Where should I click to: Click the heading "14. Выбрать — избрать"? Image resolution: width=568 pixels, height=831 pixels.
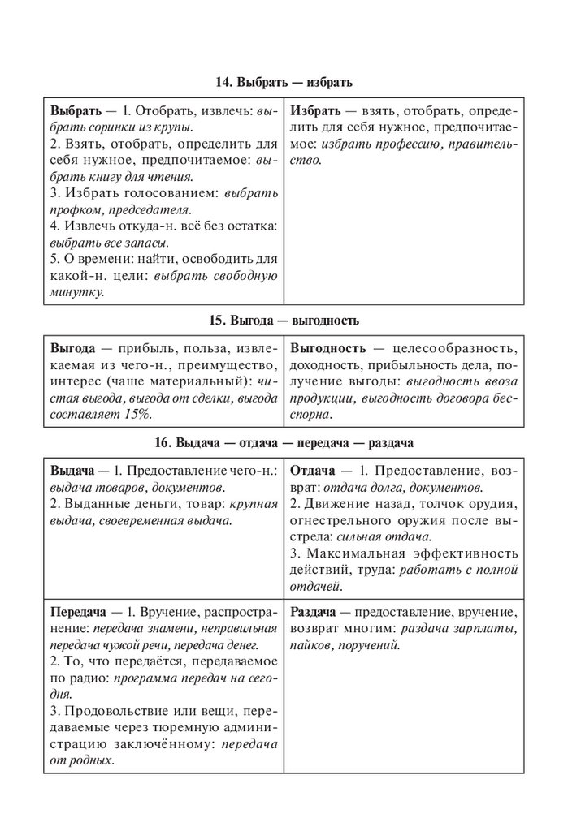284,82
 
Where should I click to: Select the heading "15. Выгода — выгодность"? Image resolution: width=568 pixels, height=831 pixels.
284,320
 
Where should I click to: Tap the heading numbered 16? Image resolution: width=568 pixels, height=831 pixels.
284,442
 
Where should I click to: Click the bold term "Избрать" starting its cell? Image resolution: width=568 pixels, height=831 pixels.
314,110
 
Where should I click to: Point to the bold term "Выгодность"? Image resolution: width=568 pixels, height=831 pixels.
327,347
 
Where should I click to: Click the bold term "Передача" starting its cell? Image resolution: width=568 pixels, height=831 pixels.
80,610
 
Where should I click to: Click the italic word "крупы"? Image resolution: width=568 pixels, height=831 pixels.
176,127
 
